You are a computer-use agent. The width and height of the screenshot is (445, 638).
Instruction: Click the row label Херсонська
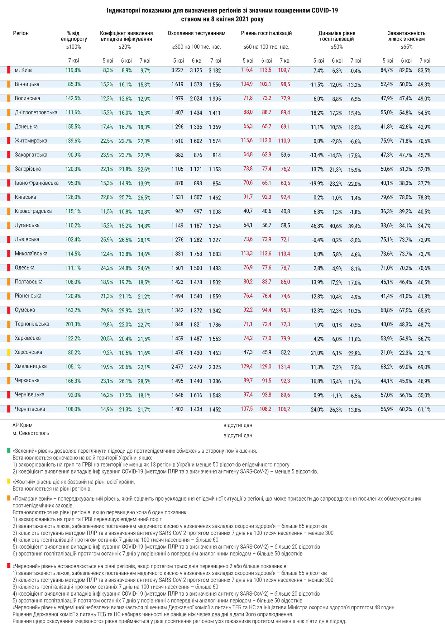point(28,352)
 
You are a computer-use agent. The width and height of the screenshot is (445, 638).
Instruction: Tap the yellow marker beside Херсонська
point(9,352)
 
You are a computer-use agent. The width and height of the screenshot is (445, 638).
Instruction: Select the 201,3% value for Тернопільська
point(73,324)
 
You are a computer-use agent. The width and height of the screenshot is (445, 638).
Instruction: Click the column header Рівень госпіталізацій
point(266,33)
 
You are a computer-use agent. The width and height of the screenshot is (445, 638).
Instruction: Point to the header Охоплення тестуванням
point(196,33)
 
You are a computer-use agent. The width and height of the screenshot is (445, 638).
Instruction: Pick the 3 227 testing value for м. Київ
point(177,70)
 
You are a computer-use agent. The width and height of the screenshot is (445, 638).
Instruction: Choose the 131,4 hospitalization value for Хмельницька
point(284,367)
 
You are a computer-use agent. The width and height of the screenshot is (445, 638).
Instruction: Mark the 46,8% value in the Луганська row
point(317,226)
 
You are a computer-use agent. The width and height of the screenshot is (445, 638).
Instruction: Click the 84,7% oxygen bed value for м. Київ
point(387,70)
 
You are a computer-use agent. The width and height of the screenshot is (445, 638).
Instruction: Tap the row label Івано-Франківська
point(36,183)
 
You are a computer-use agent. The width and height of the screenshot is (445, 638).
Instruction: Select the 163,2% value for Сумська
point(73,310)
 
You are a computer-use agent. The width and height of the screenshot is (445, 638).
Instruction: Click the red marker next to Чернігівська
point(9,409)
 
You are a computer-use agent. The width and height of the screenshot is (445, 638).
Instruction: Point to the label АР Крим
point(22,425)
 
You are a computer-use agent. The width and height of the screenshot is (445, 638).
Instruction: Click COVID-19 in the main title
point(324,11)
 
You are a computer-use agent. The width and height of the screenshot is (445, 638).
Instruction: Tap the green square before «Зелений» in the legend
point(9,451)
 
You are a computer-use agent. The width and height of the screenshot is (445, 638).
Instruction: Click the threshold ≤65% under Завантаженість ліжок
point(406,47)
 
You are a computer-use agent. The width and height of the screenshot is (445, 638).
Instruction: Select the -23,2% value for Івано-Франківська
point(335,184)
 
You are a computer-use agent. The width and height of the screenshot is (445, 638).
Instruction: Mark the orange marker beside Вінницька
point(9,84)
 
